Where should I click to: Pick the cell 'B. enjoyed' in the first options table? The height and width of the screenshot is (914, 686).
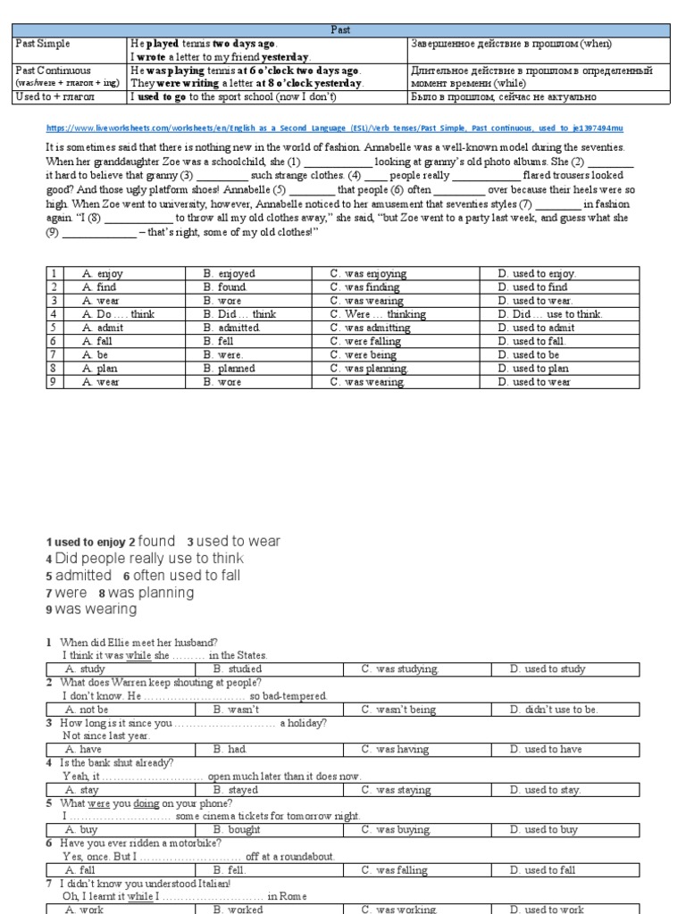pos(230,274)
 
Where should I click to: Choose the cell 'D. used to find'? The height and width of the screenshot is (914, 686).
pos(540,287)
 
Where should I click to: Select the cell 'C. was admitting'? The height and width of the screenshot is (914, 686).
pos(370,328)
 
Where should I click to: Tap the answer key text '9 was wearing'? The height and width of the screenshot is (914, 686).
pos(92,610)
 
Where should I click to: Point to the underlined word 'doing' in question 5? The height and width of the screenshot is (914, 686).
pos(146,803)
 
